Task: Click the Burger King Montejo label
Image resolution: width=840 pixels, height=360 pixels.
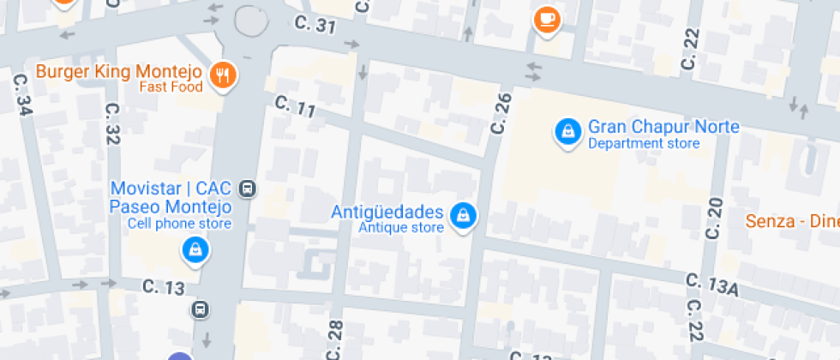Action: (118, 70)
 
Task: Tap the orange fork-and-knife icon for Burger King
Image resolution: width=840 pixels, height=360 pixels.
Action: (224, 74)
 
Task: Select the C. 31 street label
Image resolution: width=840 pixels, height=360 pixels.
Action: (313, 26)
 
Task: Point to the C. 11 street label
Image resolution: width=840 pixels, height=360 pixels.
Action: (296, 107)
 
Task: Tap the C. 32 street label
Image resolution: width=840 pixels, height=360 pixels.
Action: (111, 123)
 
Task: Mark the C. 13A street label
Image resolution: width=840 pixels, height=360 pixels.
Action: (711, 285)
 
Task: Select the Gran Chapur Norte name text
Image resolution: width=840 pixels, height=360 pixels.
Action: (663, 127)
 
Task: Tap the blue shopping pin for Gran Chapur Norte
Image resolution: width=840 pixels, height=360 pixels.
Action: (567, 130)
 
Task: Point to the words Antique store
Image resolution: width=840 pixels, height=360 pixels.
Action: (400, 228)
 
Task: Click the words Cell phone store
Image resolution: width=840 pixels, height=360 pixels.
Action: (179, 224)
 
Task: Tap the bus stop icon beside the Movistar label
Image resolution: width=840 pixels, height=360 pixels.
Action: (248, 188)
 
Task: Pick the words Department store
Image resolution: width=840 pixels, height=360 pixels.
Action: (644, 143)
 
